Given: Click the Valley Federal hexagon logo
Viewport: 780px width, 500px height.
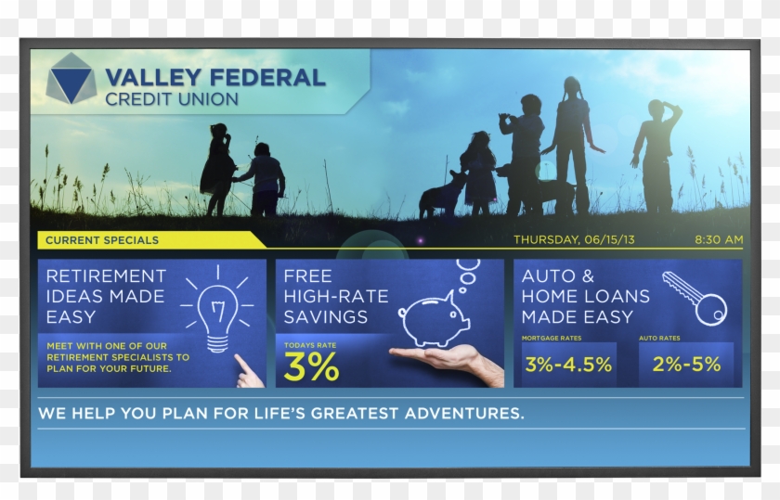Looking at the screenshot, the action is tap(71, 79).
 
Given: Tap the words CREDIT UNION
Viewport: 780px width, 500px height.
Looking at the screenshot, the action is tap(172, 99).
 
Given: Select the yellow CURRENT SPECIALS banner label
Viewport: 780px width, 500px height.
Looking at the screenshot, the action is tap(102, 240).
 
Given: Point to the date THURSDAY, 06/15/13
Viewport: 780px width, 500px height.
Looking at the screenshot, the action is tap(574, 239).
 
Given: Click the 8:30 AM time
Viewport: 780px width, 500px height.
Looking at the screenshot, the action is tap(719, 239).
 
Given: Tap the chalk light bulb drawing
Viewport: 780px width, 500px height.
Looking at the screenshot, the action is tap(217, 311).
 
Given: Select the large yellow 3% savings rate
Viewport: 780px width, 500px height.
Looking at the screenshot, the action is tap(311, 366).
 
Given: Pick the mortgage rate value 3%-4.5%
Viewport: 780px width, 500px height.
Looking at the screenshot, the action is tap(568, 365).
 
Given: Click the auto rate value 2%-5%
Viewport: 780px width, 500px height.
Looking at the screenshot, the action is tap(686, 365).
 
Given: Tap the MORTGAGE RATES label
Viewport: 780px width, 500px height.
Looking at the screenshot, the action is tap(552, 338).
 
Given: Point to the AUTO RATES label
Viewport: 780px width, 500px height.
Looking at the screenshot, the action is tap(659, 338).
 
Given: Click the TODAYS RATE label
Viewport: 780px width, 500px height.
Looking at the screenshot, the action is tap(310, 345).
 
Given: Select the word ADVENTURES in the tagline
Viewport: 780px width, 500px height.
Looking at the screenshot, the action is tap(464, 413).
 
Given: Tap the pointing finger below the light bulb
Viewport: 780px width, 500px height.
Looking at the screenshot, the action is tap(248, 372).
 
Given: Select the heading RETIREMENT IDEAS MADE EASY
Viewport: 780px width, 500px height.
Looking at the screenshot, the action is tap(106, 296).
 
